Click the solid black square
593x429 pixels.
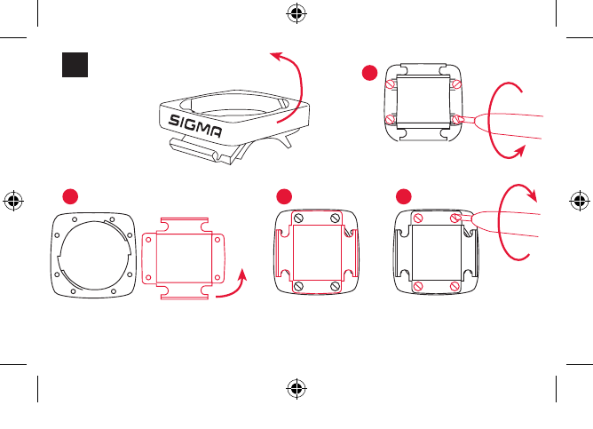pyautogui.click(x=74, y=64)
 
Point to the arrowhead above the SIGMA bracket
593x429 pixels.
pyautogui.click(x=274, y=56)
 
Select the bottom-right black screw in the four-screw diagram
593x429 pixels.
pyautogui.click(x=334, y=286)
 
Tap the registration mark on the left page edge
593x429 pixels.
pyautogui.click(x=12, y=201)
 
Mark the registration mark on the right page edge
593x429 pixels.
pyautogui.click(x=581, y=201)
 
